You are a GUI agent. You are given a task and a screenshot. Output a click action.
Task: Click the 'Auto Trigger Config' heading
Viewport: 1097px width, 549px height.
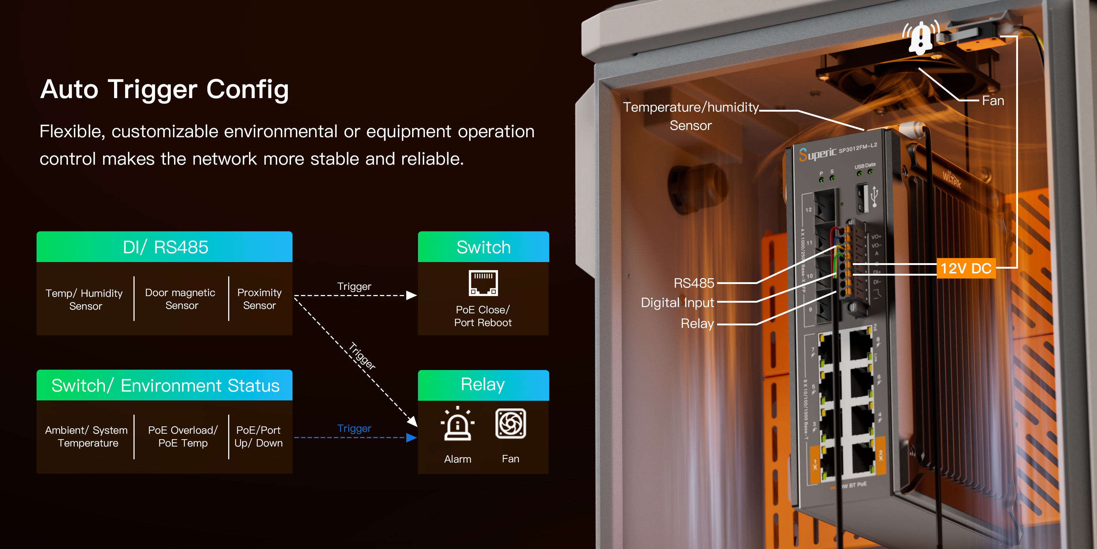click(165, 90)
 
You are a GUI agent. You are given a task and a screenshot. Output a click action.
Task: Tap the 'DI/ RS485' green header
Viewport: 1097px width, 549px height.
click(165, 247)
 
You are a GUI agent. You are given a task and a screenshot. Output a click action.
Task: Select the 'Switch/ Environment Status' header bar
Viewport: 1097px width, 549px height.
click(165, 385)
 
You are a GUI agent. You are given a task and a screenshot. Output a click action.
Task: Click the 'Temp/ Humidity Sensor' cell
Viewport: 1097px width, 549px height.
click(84, 299)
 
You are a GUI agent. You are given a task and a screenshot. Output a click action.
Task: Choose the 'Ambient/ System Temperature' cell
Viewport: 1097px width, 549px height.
click(86, 437)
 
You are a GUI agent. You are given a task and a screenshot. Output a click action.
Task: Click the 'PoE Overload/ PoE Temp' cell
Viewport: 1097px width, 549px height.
click(183, 437)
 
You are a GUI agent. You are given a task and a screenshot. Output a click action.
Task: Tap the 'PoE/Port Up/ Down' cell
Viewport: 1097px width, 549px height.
click(259, 437)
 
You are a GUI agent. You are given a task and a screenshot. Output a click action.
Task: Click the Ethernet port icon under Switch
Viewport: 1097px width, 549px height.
click(483, 283)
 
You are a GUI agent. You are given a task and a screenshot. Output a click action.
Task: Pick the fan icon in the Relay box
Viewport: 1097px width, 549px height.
click(510, 423)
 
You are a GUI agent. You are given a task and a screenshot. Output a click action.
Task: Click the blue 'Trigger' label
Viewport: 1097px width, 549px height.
click(354, 428)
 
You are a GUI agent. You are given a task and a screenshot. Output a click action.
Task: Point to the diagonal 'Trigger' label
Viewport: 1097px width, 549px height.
click(362, 356)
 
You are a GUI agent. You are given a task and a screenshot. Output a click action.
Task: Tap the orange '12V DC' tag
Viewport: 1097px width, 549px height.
click(966, 269)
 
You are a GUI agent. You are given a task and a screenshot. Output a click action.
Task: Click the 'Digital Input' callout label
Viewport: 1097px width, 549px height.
click(677, 303)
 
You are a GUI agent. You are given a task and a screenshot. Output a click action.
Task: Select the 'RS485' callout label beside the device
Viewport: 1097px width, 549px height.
click(694, 283)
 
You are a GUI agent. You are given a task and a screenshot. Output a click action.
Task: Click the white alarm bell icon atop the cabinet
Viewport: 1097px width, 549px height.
click(921, 38)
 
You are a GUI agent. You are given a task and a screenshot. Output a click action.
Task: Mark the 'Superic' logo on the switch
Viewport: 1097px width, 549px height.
click(817, 153)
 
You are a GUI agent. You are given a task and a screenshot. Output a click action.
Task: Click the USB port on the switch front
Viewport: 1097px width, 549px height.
click(863, 198)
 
